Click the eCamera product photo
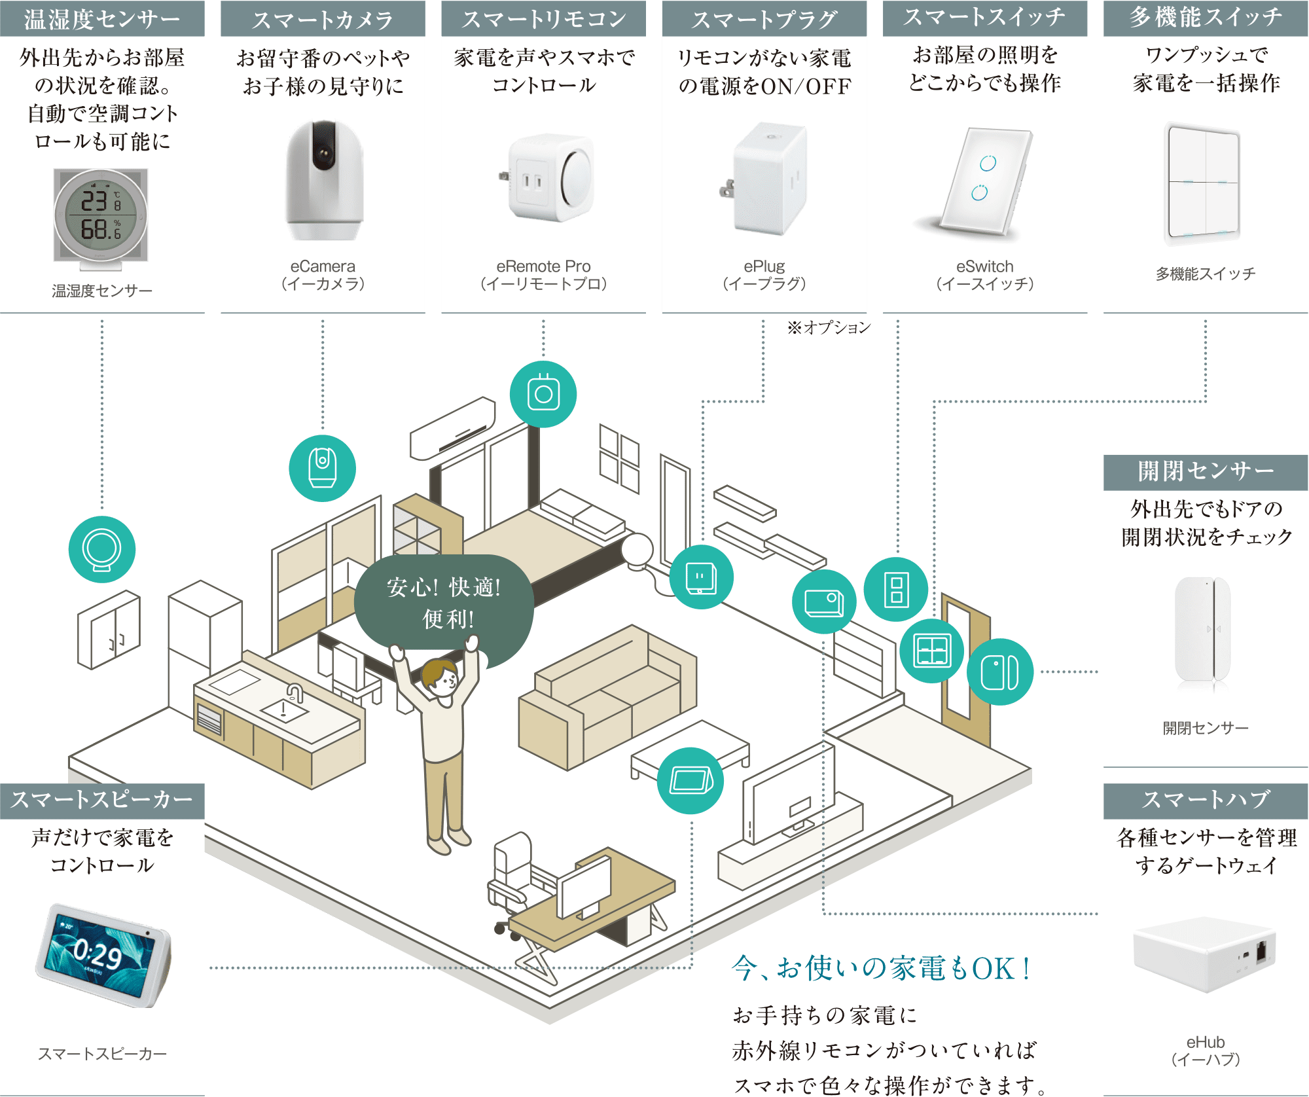tap(324, 180)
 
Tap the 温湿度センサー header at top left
tap(102, 18)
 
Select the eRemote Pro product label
tap(543, 275)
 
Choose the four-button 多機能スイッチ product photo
tap(1203, 183)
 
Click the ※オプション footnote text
tap(829, 327)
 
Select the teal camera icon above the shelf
tap(322, 468)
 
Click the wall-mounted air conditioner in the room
tap(452, 427)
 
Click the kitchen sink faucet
tap(295, 692)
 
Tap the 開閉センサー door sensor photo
tap(1203, 632)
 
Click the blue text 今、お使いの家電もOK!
tap(881, 967)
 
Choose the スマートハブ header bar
tap(1206, 800)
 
